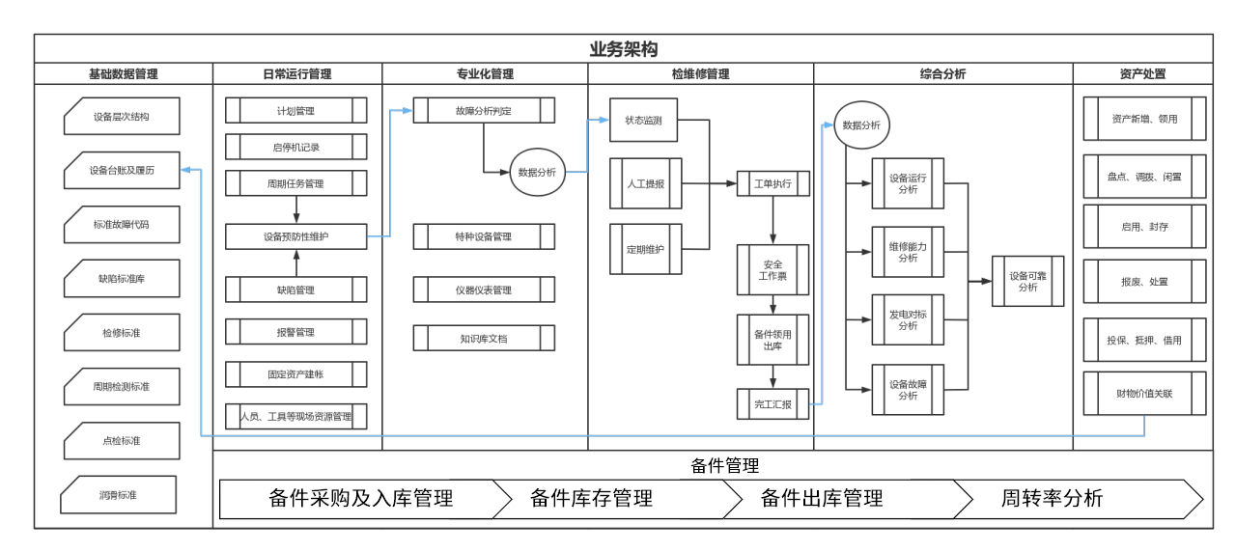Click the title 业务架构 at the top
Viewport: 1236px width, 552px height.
click(624, 49)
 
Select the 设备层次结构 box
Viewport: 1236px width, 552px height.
click(122, 117)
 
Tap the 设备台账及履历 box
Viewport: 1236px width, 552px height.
click(122, 171)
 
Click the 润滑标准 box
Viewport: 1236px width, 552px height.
click(118, 495)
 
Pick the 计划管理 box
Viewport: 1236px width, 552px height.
click(295, 111)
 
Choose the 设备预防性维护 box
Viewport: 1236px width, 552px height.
click(295, 236)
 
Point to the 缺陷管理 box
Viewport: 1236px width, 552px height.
click(295, 290)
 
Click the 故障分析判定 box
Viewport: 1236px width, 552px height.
click(484, 111)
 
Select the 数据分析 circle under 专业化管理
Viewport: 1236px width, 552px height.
click(537, 173)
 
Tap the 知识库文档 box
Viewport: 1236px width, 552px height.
click(484, 338)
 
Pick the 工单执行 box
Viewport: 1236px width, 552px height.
click(772, 183)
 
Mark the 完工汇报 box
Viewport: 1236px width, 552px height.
click(772, 404)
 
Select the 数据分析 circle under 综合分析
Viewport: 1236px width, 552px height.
click(861, 125)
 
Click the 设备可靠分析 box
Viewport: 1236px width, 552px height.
click(1027, 281)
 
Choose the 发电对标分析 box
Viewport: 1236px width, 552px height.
click(908, 320)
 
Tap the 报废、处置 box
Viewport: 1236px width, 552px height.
click(1144, 282)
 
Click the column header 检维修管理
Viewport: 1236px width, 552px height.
click(700, 74)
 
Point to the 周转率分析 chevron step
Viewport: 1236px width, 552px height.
click(1053, 499)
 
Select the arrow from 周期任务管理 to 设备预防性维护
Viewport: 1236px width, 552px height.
click(296, 209)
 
